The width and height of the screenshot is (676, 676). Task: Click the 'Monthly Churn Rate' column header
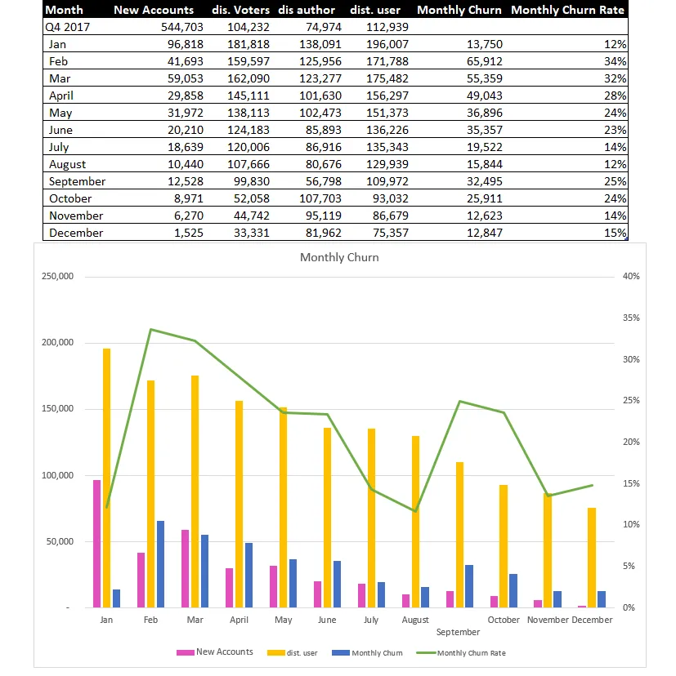pos(567,10)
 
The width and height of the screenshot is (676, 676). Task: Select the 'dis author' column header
pos(307,10)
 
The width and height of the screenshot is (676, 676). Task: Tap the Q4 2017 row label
pos(67,27)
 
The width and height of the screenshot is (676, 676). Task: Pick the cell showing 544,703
pos(182,27)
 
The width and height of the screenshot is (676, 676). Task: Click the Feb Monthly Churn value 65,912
pos(485,61)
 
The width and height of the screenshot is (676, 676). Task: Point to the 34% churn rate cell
pos(616,61)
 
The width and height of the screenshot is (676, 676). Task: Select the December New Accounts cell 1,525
pos(189,233)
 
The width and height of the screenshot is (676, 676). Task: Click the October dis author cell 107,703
pos(320,198)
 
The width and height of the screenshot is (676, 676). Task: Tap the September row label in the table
pos(78,181)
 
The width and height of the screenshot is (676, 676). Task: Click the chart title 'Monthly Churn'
pos(339,257)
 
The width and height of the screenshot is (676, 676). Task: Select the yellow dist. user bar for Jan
pos(106,478)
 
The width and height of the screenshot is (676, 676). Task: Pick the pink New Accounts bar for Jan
pos(96,544)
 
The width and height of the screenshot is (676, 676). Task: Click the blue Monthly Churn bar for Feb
pos(160,564)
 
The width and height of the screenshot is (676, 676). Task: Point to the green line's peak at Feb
pos(150,330)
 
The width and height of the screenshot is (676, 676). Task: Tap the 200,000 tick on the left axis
pos(57,342)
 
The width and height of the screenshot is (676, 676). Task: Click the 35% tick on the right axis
pos(631,318)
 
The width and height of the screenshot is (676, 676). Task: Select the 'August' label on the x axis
pos(415,620)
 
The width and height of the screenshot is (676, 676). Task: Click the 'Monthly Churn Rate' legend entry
pos(461,652)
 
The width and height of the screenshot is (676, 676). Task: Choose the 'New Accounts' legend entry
pos(215,652)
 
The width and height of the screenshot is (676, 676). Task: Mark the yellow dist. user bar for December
pos(592,558)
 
